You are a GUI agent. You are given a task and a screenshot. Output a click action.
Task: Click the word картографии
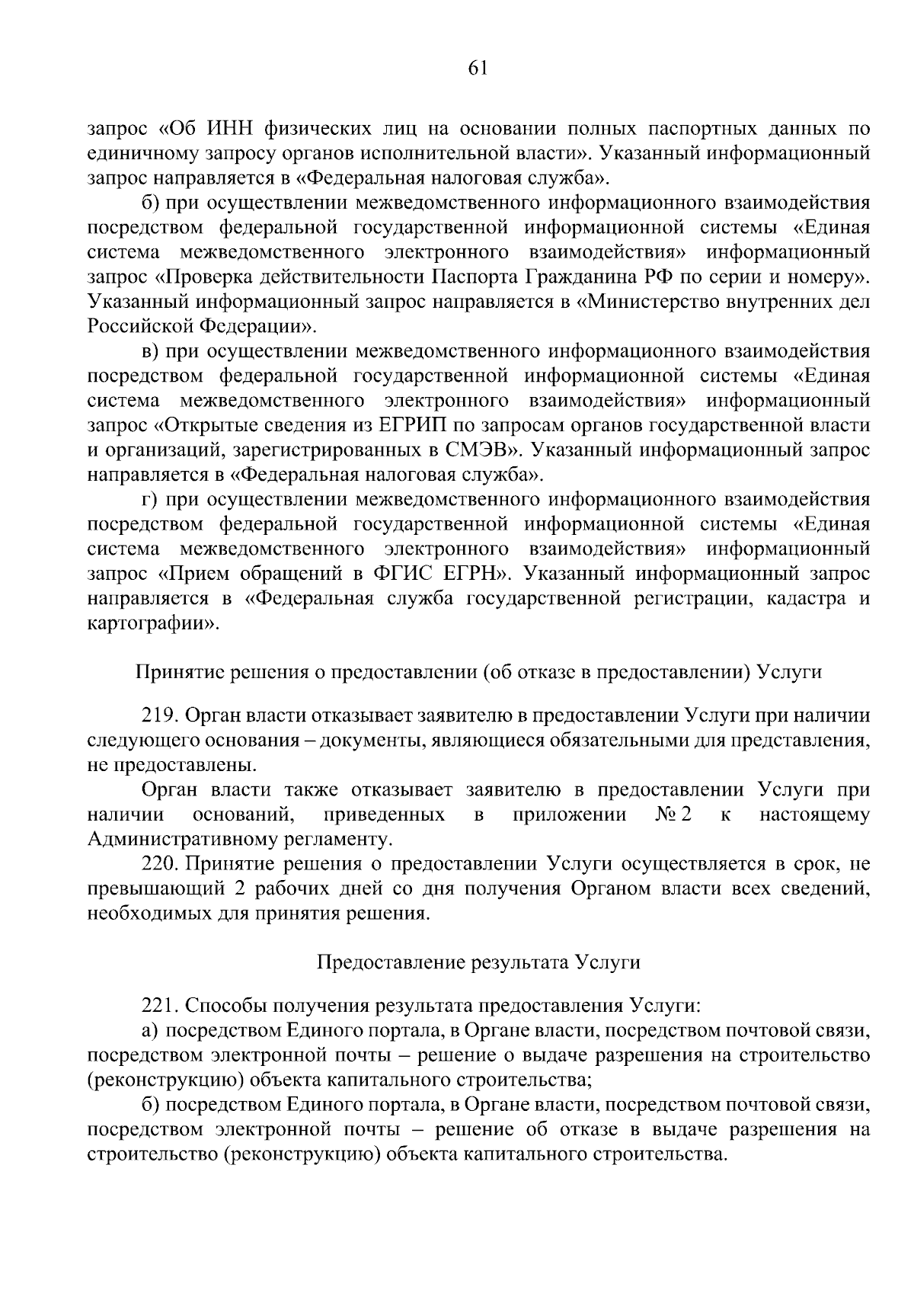pyautogui.click(x=151, y=623)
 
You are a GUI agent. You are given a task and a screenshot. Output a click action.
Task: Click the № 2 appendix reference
pyautogui.click(x=673, y=815)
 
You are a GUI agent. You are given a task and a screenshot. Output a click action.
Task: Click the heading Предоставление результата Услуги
pyautogui.click(x=478, y=962)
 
